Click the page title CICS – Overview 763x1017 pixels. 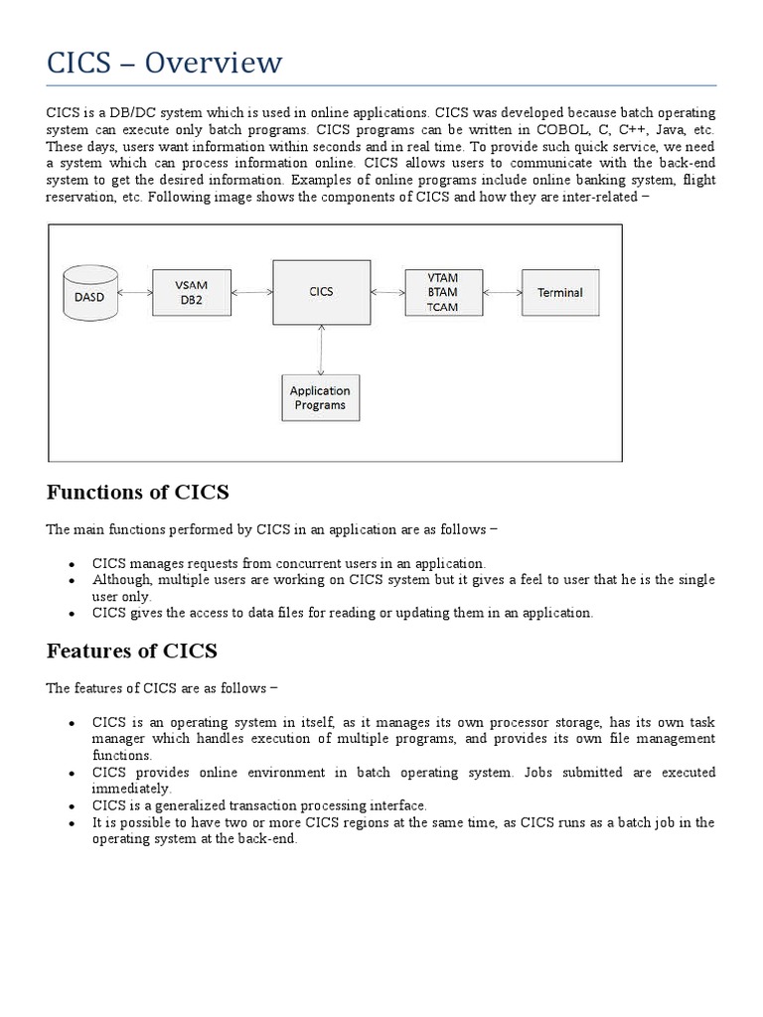click(165, 64)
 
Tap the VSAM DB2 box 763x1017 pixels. click(194, 291)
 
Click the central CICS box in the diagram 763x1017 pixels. click(321, 292)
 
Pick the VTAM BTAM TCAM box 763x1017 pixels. click(443, 292)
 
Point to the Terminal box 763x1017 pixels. click(559, 292)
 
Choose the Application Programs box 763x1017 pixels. click(320, 398)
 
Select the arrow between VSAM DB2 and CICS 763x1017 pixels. click(253, 292)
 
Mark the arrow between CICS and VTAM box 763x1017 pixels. click(387, 292)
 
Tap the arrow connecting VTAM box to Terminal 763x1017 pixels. click(503, 292)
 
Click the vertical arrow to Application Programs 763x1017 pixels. click(320, 349)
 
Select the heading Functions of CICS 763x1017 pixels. click(138, 492)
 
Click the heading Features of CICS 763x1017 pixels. click(132, 652)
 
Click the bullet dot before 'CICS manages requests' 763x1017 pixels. click(73, 564)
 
